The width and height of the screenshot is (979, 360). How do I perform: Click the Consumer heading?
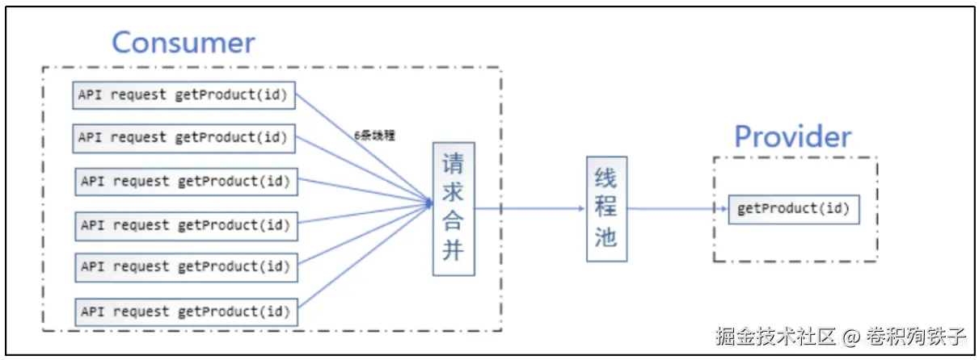[183, 42]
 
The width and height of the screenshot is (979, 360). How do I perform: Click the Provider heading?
[792, 136]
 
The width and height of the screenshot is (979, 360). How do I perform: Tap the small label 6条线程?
[374, 136]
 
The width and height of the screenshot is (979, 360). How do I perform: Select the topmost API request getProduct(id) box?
[184, 95]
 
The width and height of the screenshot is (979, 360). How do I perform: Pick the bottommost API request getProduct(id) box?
[186, 312]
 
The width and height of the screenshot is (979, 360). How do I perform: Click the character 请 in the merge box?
[453, 165]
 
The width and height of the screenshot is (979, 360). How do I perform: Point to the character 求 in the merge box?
[453, 193]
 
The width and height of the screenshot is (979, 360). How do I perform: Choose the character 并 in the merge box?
[453, 250]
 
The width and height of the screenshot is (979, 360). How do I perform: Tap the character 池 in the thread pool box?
[606, 237]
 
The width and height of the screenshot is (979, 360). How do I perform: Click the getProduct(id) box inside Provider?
[793, 209]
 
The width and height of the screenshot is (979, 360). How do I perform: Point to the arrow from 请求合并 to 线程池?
[530, 208]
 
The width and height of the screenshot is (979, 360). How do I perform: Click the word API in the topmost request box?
[90, 95]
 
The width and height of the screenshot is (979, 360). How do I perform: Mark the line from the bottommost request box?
[364, 257]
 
